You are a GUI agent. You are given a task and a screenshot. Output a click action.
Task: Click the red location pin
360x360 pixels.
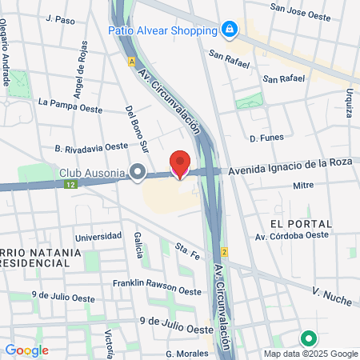[x=180, y=163]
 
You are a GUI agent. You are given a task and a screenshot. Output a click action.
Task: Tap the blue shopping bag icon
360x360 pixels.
[x=230, y=30]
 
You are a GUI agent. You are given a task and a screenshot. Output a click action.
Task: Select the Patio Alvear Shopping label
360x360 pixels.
[x=163, y=30]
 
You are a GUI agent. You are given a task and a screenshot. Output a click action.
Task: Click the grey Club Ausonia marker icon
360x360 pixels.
[x=138, y=171]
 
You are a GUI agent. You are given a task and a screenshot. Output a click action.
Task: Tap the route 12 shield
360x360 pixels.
[x=71, y=184]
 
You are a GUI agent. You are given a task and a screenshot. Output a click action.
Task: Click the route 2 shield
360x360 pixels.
[x=226, y=252]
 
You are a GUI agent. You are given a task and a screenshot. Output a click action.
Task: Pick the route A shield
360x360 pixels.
[x=130, y=61]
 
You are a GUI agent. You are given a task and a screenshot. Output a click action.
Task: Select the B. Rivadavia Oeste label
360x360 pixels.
[x=91, y=147]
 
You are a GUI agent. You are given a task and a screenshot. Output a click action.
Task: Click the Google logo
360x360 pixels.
[x=26, y=350]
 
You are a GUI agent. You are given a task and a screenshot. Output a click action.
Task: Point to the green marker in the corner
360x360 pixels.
[x=307, y=339]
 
